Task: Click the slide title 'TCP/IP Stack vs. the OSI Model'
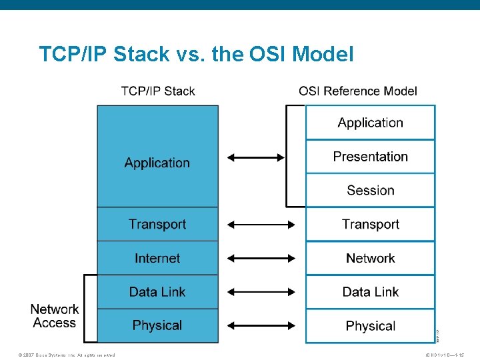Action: click(x=196, y=54)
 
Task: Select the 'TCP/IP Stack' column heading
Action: click(x=158, y=91)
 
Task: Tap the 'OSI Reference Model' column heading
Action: click(x=357, y=91)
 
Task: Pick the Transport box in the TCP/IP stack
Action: click(x=157, y=224)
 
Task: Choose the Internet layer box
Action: click(x=157, y=258)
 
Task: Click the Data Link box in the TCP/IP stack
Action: click(x=157, y=292)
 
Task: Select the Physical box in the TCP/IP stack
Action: click(x=157, y=325)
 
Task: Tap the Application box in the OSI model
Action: click(x=370, y=123)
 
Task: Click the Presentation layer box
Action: click(x=370, y=157)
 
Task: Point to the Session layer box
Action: click(x=370, y=191)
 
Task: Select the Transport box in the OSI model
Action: click(x=370, y=225)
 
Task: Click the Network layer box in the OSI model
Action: click(x=370, y=259)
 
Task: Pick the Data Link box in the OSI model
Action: click(x=370, y=292)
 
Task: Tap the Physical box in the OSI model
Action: click(x=370, y=326)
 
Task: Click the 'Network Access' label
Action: click(x=54, y=316)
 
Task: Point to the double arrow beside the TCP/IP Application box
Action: click(x=255, y=158)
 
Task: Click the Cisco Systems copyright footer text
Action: click(x=67, y=355)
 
